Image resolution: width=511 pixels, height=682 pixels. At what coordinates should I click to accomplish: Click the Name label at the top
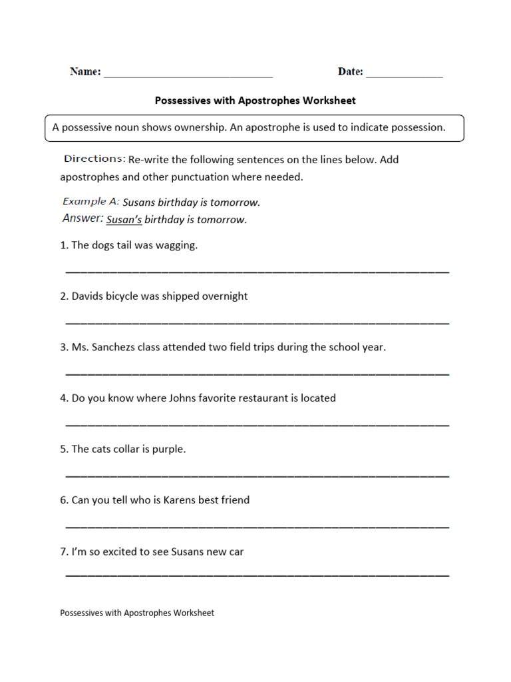pyautogui.click(x=85, y=71)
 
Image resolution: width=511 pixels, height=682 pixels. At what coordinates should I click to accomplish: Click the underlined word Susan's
pyautogui.click(x=124, y=220)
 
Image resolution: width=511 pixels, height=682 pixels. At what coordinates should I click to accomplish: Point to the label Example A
pyautogui.click(x=90, y=201)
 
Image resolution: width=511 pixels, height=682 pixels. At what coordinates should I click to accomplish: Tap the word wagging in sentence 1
pyautogui.click(x=176, y=246)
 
